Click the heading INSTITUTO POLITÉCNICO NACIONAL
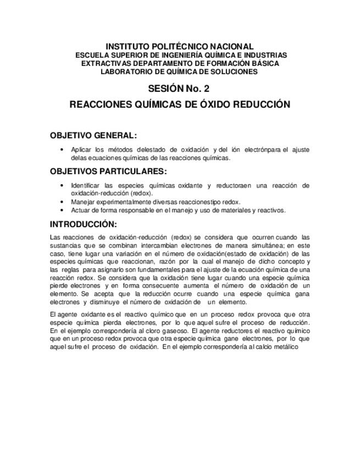coord(179,47)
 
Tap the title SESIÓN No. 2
coord(179,88)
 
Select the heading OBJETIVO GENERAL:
coord(93,135)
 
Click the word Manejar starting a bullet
coord(84,202)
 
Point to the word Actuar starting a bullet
coord(81,210)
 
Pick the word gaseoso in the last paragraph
coord(174,332)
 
